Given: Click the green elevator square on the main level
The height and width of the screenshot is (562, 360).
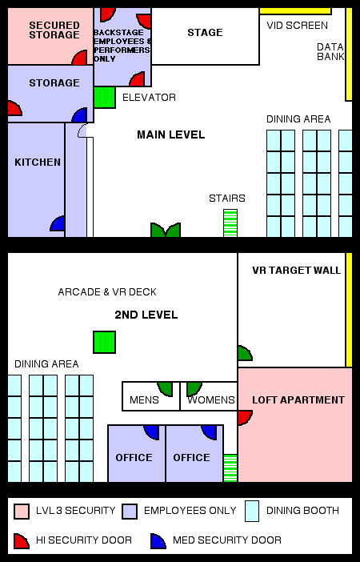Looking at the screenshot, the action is click(104, 97).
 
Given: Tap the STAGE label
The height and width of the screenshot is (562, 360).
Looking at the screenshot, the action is click(205, 33).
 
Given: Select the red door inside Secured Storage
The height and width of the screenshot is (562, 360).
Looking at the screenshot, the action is click(79, 58).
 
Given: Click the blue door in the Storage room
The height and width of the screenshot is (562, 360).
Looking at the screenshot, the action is click(79, 115).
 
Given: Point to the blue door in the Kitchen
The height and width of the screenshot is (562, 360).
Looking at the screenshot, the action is click(58, 223).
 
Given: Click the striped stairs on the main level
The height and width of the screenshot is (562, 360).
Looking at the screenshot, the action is click(230, 223).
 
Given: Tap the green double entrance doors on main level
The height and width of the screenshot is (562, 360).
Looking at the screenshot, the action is click(166, 230).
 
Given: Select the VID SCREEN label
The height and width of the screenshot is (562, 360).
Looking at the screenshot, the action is click(297, 26).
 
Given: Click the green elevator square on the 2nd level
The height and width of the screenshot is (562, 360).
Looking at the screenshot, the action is click(104, 342).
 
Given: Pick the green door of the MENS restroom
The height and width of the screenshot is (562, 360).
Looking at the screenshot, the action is click(165, 389).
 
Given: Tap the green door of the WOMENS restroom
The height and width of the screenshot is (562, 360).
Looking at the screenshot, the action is click(194, 389).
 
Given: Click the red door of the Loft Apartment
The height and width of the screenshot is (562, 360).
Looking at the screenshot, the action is click(245, 418).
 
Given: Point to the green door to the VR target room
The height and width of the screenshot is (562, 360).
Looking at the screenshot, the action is click(245, 353).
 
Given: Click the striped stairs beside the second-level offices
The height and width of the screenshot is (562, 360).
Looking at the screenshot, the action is click(230, 468).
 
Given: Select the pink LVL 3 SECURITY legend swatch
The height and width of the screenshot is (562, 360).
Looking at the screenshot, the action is click(22, 512).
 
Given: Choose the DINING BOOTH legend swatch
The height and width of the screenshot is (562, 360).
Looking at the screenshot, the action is click(252, 511).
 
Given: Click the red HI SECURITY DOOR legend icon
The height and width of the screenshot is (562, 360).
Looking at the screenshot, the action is click(22, 541).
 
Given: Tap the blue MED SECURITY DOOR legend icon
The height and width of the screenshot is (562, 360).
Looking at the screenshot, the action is click(158, 541).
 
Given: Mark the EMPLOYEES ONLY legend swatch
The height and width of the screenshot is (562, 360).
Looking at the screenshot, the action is click(130, 512).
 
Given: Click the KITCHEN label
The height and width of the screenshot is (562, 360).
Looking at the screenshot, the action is click(38, 163).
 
